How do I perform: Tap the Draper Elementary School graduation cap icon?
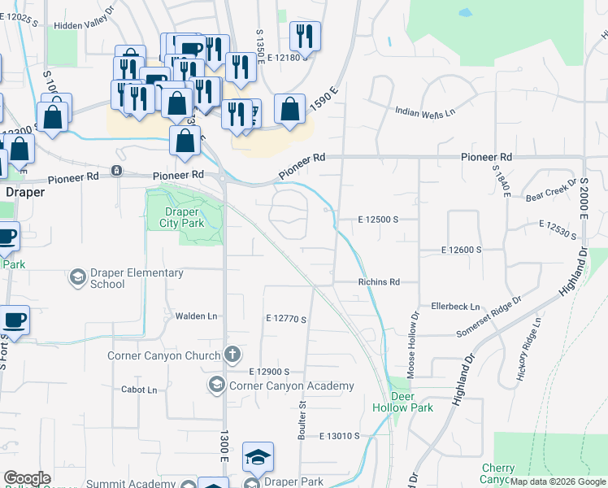77,277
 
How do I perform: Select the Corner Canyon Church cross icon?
232,355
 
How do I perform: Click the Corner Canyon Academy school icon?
217,385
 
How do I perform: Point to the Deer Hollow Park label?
402,402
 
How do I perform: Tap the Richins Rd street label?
379,282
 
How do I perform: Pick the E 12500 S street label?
377,220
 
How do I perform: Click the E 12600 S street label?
462,250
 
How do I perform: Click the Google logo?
27,478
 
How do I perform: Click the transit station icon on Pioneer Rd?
117,171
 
